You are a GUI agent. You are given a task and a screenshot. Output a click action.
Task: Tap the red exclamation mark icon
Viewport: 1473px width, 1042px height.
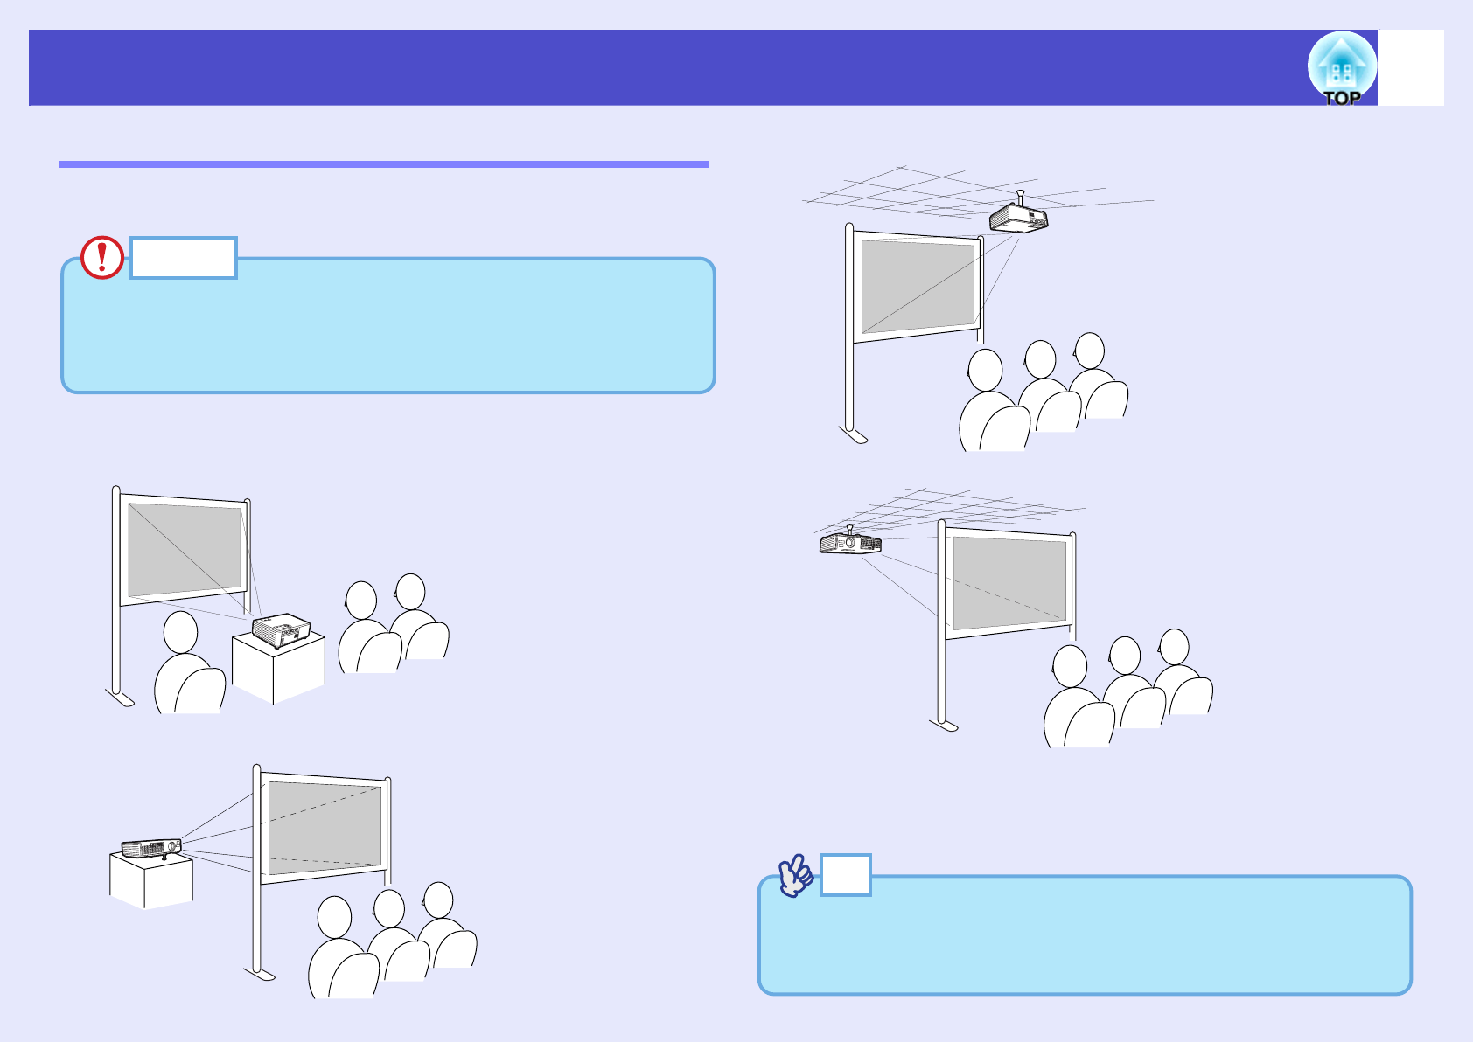[102, 257]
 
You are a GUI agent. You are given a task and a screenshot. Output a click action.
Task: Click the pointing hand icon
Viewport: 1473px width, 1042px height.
[795, 875]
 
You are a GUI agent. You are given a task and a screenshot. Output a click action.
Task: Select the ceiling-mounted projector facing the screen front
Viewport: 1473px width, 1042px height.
[1018, 217]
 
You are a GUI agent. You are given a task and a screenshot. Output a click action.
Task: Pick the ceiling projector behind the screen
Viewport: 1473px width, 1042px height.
[849, 543]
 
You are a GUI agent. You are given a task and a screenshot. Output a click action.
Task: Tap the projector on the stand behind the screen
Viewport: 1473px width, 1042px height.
[151, 847]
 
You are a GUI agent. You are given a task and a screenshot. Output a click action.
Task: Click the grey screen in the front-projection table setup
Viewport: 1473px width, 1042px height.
[185, 550]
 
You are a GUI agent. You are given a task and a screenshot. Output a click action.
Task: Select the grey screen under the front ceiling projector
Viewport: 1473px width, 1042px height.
[918, 286]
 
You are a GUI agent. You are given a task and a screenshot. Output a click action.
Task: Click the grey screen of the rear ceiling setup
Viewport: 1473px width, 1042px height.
[1009, 582]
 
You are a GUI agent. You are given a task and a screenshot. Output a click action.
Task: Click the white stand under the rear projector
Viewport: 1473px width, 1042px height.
[150, 880]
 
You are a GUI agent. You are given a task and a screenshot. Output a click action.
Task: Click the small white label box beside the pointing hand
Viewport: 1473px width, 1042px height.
[845, 875]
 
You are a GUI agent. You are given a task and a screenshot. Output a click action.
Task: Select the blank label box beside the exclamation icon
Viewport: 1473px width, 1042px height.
[184, 258]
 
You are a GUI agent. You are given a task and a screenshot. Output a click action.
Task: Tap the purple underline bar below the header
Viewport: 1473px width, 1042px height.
[384, 163]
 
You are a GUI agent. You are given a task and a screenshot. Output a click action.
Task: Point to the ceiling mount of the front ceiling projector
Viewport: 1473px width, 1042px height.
[1020, 197]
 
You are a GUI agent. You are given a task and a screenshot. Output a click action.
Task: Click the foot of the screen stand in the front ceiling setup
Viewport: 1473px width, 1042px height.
[853, 434]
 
